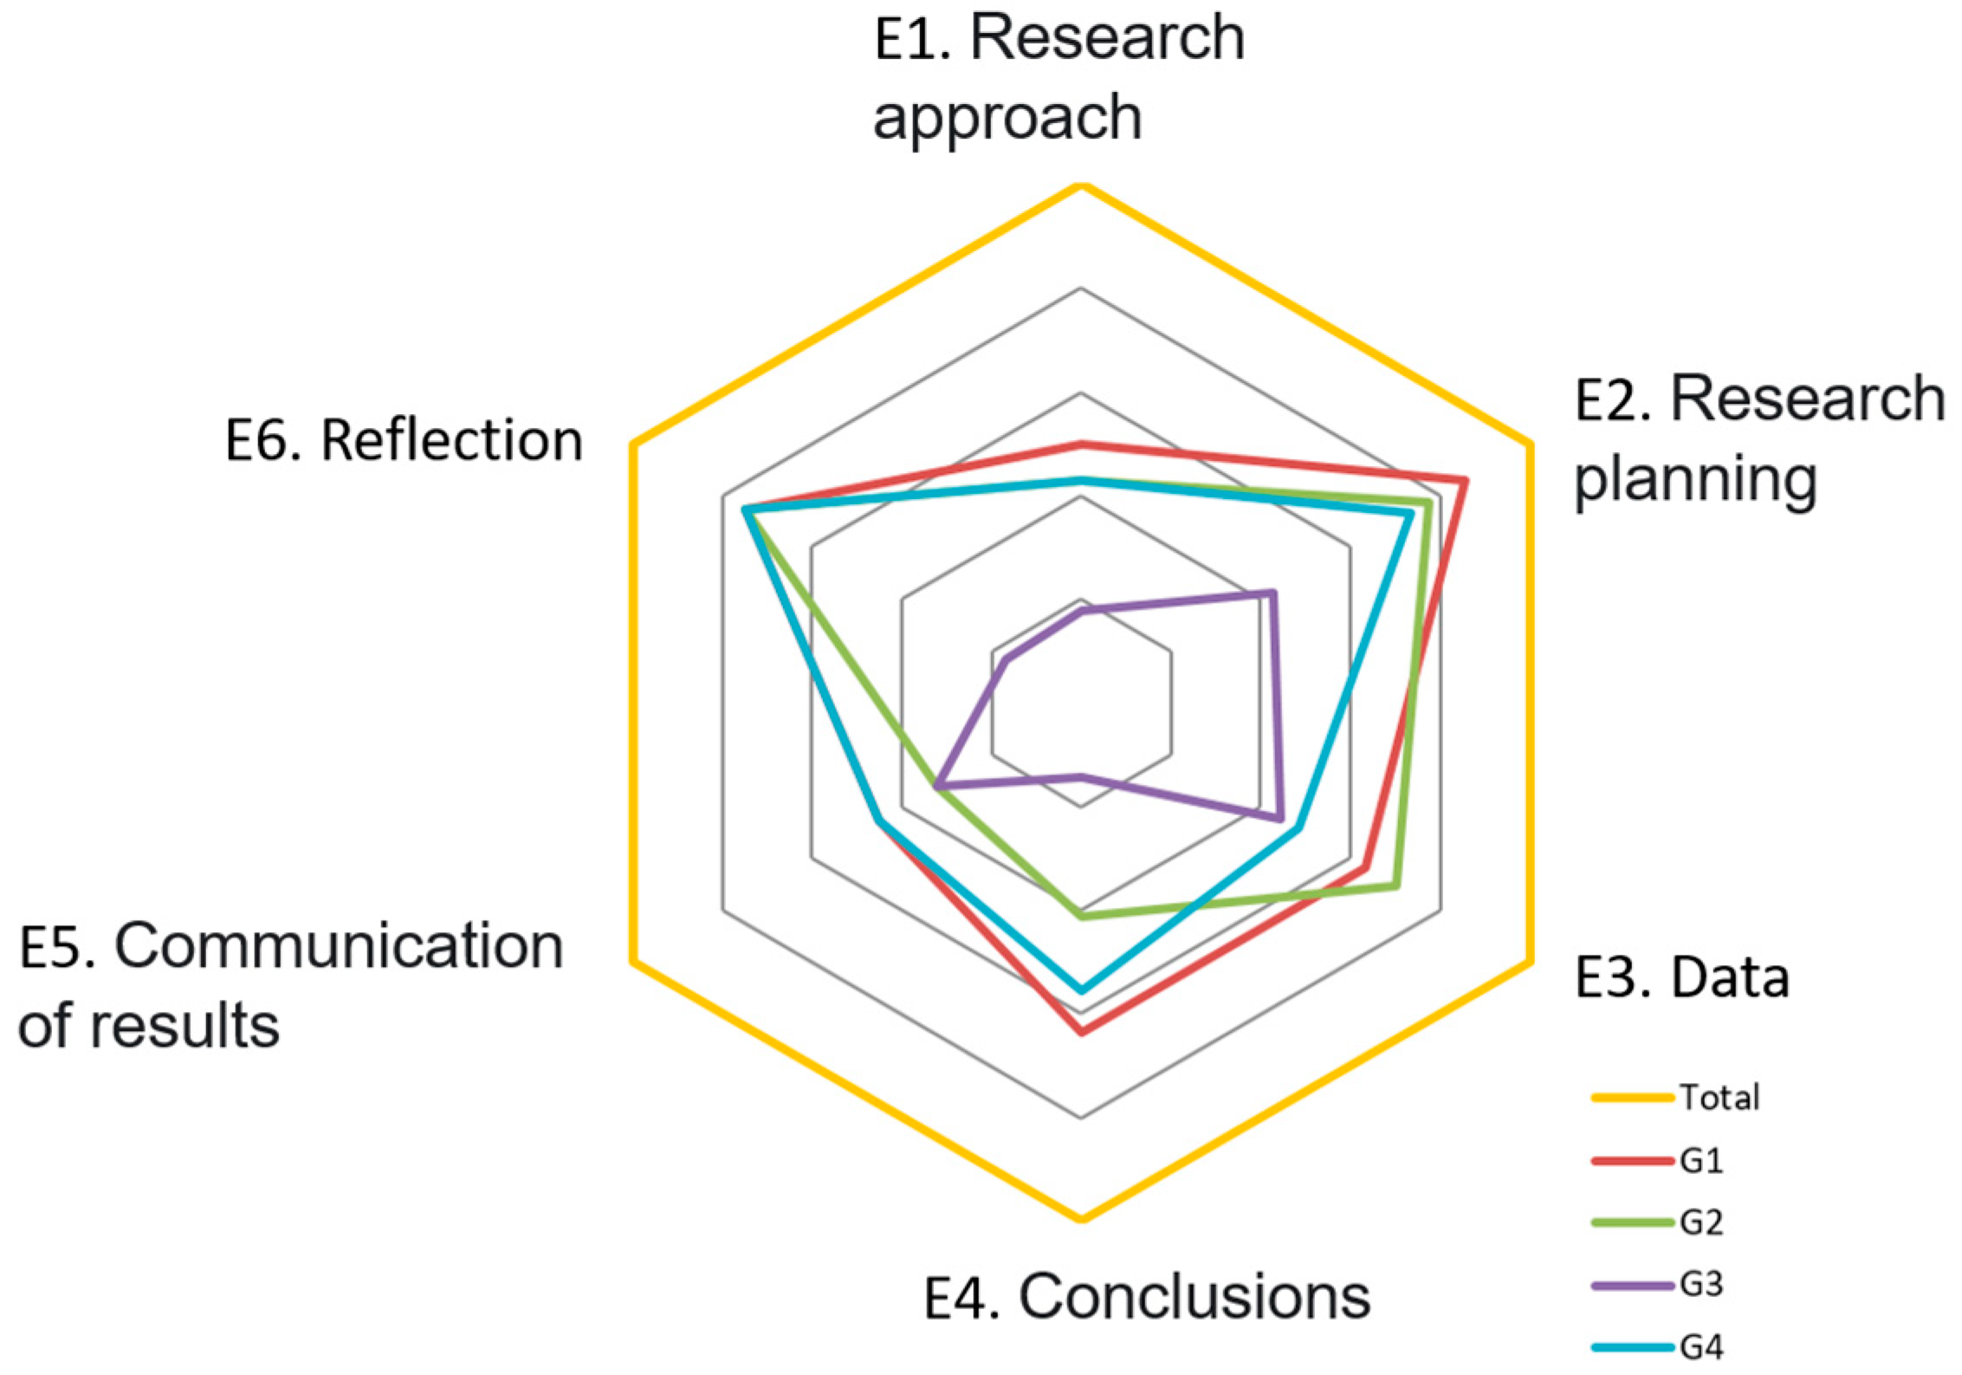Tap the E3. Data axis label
[x=1681, y=977]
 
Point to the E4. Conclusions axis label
[x=1147, y=1297]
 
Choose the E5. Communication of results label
[x=291, y=984]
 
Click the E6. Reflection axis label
[x=404, y=440]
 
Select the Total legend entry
[x=1719, y=1098]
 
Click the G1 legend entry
[x=1701, y=1160]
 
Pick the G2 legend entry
[x=1701, y=1223]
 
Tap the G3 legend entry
[x=1701, y=1284]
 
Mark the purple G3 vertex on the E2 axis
[x=1272, y=593]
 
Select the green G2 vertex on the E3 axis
[x=1395, y=885]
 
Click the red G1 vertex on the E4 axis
[x=1081, y=1032]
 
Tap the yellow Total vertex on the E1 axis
[x=1081, y=185]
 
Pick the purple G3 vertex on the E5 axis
[x=938, y=786]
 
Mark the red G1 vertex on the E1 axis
[x=1081, y=444]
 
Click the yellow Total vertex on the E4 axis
[x=1081, y=1218]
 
